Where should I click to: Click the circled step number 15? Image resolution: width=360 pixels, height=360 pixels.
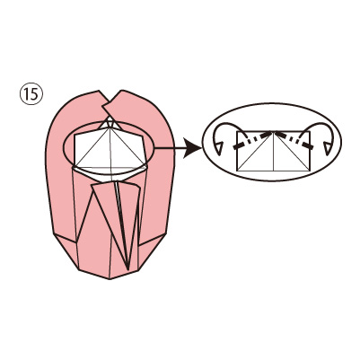31,94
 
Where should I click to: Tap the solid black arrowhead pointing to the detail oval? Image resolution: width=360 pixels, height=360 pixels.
193,148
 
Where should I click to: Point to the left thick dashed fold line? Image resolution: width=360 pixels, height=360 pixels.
252,140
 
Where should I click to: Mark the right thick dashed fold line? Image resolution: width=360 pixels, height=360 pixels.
294,140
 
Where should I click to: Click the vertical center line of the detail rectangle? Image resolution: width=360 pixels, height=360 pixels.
273,151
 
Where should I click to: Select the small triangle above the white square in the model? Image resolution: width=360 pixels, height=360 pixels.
110,123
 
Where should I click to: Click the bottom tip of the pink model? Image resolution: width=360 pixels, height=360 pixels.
110,278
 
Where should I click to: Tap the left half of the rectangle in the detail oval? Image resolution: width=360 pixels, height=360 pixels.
255,151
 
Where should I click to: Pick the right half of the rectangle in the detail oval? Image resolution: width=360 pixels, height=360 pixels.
292,151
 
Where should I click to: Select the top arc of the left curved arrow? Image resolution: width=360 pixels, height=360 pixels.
228,124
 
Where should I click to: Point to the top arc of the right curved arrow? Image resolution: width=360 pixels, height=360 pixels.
319,124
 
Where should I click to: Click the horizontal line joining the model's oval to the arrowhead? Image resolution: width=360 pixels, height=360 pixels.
169,148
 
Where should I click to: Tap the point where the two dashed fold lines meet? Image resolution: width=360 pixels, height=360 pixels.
273,132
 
